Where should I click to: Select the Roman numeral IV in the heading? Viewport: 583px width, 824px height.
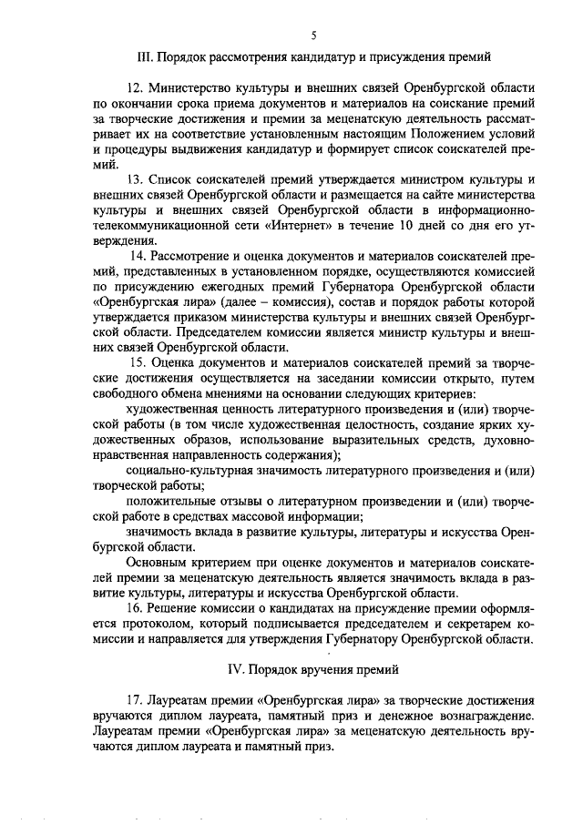(x=232, y=670)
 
